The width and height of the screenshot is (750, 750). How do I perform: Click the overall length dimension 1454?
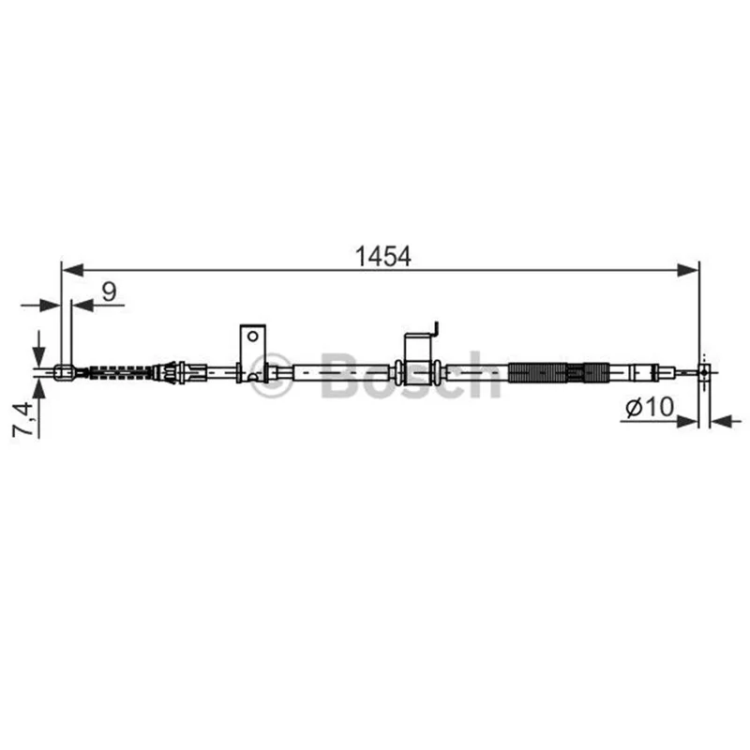coord(382,257)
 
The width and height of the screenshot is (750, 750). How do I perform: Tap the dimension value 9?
coord(110,292)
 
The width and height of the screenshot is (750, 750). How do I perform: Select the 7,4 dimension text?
coord(22,419)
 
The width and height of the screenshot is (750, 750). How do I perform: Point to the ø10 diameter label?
coord(650,407)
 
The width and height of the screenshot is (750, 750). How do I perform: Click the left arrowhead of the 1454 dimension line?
coord(73,270)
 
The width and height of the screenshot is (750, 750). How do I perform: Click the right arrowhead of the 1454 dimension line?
coord(688,270)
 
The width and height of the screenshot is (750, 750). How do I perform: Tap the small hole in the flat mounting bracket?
coord(252,336)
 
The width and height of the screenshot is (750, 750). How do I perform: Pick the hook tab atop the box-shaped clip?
coord(435,329)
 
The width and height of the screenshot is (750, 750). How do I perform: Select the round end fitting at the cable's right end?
coord(705,371)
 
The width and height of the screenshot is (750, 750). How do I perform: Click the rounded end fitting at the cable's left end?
coord(64,372)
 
